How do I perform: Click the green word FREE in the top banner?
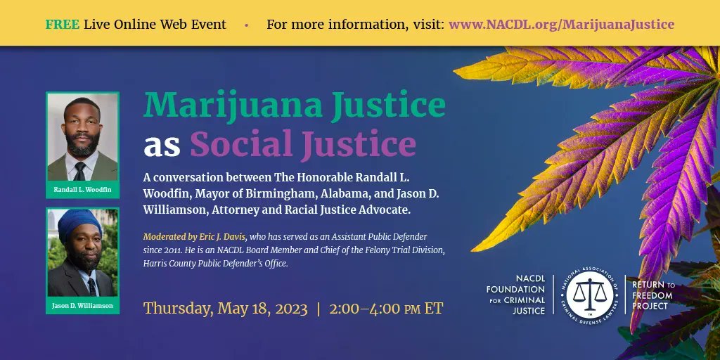62,25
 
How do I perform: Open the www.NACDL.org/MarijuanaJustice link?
561,25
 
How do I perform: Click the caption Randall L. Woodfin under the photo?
82,190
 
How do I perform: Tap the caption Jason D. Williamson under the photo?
82,306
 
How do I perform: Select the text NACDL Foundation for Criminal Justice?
517,295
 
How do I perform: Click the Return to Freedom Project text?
652,295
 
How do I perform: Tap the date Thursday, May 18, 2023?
225,309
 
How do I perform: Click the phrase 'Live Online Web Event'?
155,25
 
